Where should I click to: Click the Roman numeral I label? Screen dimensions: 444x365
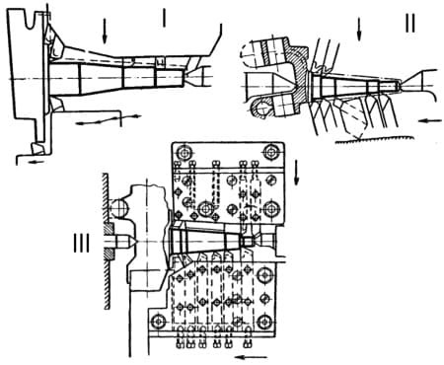[164, 17]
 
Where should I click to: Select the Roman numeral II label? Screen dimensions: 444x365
[410, 24]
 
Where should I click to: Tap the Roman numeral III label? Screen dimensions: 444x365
[81, 244]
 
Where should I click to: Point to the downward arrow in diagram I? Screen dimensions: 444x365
[105, 31]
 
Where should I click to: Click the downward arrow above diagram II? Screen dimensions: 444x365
[359, 30]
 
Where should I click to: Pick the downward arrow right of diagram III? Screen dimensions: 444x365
[297, 173]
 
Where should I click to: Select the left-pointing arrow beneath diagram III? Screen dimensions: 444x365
[253, 357]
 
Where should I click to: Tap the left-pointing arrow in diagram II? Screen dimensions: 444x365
[431, 121]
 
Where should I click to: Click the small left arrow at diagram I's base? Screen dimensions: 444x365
[36, 161]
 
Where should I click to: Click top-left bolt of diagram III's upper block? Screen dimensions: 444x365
[185, 152]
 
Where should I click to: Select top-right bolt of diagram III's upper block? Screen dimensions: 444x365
[271, 152]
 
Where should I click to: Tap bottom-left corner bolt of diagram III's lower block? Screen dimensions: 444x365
[159, 321]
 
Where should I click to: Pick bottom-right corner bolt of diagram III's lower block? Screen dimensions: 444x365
[264, 322]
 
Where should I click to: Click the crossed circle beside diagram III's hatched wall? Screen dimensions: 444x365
[119, 208]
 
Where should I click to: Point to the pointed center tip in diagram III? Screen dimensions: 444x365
[133, 242]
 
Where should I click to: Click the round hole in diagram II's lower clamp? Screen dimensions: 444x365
[262, 109]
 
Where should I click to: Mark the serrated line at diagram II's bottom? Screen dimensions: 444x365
[374, 140]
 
